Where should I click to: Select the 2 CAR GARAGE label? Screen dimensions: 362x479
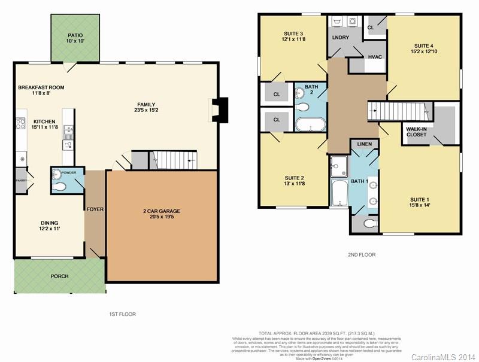(x=161, y=211)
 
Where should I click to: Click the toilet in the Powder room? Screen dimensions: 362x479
(x=59, y=187)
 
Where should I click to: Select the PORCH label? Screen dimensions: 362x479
(x=59, y=276)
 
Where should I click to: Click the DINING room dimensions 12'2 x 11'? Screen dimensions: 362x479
(x=50, y=229)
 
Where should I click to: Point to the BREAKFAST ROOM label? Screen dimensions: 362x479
(x=41, y=87)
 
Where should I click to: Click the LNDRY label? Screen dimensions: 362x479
(x=341, y=38)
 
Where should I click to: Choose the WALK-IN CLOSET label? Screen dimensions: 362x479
(x=417, y=132)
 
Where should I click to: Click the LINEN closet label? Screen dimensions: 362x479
(x=365, y=145)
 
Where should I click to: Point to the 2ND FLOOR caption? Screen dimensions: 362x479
(x=362, y=255)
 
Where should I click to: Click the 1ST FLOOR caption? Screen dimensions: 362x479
(x=122, y=314)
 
